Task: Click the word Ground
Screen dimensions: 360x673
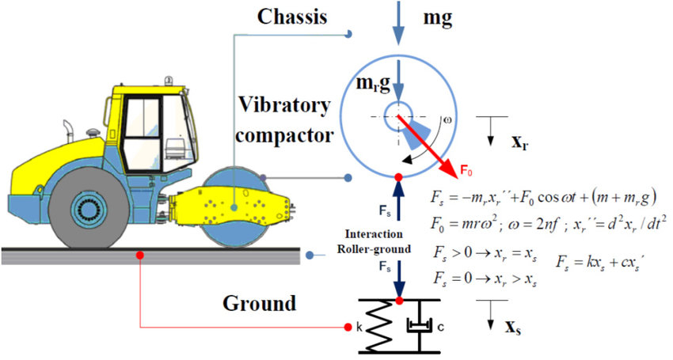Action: pyautogui.click(x=258, y=303)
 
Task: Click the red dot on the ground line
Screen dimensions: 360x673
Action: pyautogui.click(x=139, y=255)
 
